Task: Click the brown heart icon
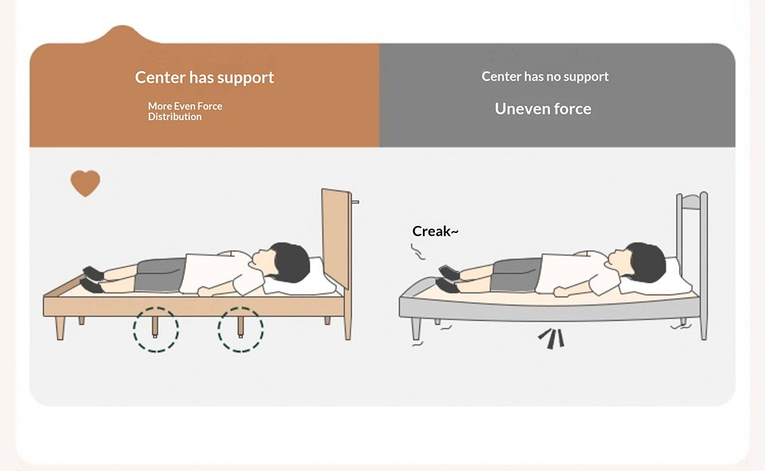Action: tap(86, 183)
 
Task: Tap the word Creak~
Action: tap(435, 231)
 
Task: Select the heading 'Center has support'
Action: tap(205, 77)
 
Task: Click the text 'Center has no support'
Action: tap(545, 76)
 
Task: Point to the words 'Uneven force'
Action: tap(543, 109)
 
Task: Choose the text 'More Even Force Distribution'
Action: tap(185, 111)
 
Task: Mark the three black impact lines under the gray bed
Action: tap(552, 339)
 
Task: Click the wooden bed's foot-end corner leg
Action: tap(59, 328)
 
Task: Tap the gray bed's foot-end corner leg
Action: tap(416, 329)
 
